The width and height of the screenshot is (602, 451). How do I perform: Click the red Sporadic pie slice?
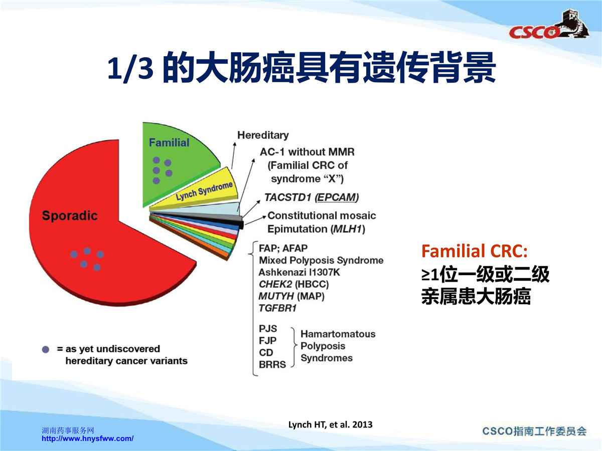(82, 233)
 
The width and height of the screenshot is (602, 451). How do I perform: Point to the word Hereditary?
(263, 135)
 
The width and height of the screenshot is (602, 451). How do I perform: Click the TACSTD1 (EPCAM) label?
(312, 197)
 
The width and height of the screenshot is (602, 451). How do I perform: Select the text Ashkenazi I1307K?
(299, 273)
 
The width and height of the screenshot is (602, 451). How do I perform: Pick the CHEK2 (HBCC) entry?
(294, 284)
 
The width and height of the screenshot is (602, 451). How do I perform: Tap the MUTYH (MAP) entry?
(291, 296)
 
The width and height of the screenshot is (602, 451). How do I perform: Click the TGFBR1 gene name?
(277, 308)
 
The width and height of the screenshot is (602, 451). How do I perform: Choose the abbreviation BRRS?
(272, 365)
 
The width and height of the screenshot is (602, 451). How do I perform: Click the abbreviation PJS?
(268, 329)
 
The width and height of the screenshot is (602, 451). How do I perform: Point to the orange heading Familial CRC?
(475, 251)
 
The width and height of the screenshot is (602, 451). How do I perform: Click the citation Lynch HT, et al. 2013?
(330, 424)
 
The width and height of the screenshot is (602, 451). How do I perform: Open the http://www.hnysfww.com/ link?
(88, 438)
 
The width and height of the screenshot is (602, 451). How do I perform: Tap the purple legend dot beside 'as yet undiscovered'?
(46, 349)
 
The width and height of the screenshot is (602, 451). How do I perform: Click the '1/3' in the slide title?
(130, 68)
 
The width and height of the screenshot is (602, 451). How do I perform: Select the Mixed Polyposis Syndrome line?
(321, 261)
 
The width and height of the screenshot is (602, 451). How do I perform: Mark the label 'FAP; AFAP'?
(283, 249)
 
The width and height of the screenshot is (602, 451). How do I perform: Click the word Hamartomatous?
(338, 334)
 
